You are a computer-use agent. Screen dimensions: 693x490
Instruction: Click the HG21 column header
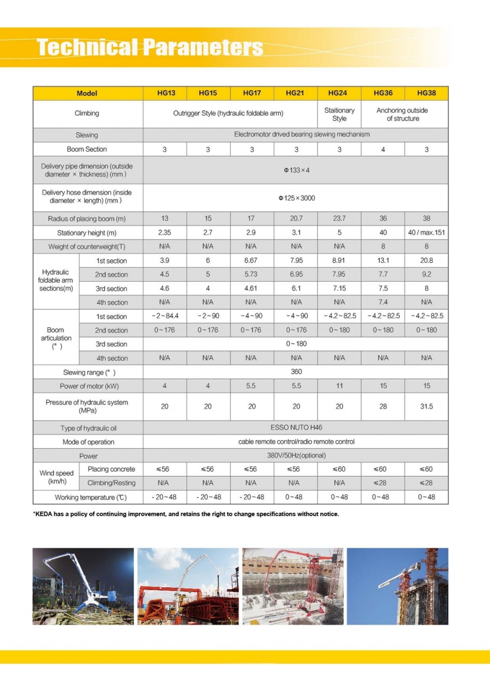pos(295,93)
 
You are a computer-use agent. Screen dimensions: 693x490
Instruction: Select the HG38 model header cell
pos(426,93)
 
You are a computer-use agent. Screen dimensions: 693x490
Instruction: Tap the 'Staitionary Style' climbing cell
pos(339,114)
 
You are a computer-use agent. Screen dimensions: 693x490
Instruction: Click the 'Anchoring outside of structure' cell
pos(402,114)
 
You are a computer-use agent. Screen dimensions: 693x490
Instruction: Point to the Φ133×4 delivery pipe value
pos(296,170)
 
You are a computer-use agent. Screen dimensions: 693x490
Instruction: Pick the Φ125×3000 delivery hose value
pos(296,198)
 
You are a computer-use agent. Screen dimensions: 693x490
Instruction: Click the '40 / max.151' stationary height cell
pos(426,233)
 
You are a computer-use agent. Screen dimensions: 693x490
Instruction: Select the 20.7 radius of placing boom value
pos(296,218)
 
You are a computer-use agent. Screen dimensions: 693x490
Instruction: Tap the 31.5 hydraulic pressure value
pos(426,406)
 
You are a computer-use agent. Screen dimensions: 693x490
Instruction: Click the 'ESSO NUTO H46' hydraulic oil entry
pos(296,428)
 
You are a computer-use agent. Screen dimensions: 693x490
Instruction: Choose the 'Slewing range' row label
pos(89,372)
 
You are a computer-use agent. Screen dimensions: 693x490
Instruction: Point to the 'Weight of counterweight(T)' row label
pos(87,246)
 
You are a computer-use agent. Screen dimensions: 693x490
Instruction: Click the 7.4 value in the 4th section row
pos(383,302)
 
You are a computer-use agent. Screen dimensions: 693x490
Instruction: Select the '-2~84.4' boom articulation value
pos(165,316)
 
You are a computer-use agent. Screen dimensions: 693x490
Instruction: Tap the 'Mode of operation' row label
pos(88,442)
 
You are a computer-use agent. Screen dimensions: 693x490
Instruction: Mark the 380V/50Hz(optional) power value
pos(296,455)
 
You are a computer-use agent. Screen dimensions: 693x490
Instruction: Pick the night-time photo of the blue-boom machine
pos(83,586)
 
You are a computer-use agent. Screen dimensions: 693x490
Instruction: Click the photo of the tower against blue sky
pos(397,586)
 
